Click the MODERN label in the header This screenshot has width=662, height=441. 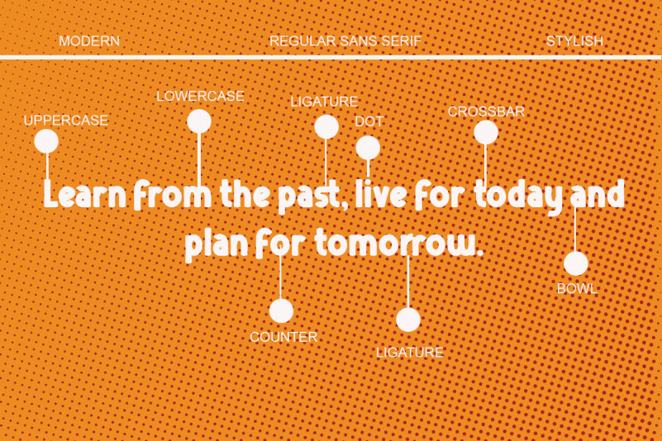tap(89, 41)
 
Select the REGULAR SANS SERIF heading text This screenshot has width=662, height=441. tap(345, 41)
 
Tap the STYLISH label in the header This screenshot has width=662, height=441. tap(574, 41)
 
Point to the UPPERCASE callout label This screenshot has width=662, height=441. tap(66, 121)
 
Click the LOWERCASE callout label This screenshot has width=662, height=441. tap(200, 97)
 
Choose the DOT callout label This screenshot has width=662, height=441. tap(369, 121)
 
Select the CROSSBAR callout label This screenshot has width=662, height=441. tap(486, 111)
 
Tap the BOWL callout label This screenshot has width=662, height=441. tap(577, 289)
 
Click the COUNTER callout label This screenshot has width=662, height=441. tap(283, 337)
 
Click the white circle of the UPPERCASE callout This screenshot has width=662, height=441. tap(46, 141)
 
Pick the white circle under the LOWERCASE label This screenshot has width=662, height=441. tap(199, 121)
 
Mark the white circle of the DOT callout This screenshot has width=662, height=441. tap(368, 148)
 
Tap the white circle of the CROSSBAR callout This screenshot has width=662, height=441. tap(486, 132)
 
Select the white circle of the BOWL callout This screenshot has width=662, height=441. tap(576, 263)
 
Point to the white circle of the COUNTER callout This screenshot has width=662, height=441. tap(281, 311)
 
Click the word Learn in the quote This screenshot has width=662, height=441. tap(85, 194)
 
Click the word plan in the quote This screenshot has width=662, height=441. tap(217, 245)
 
